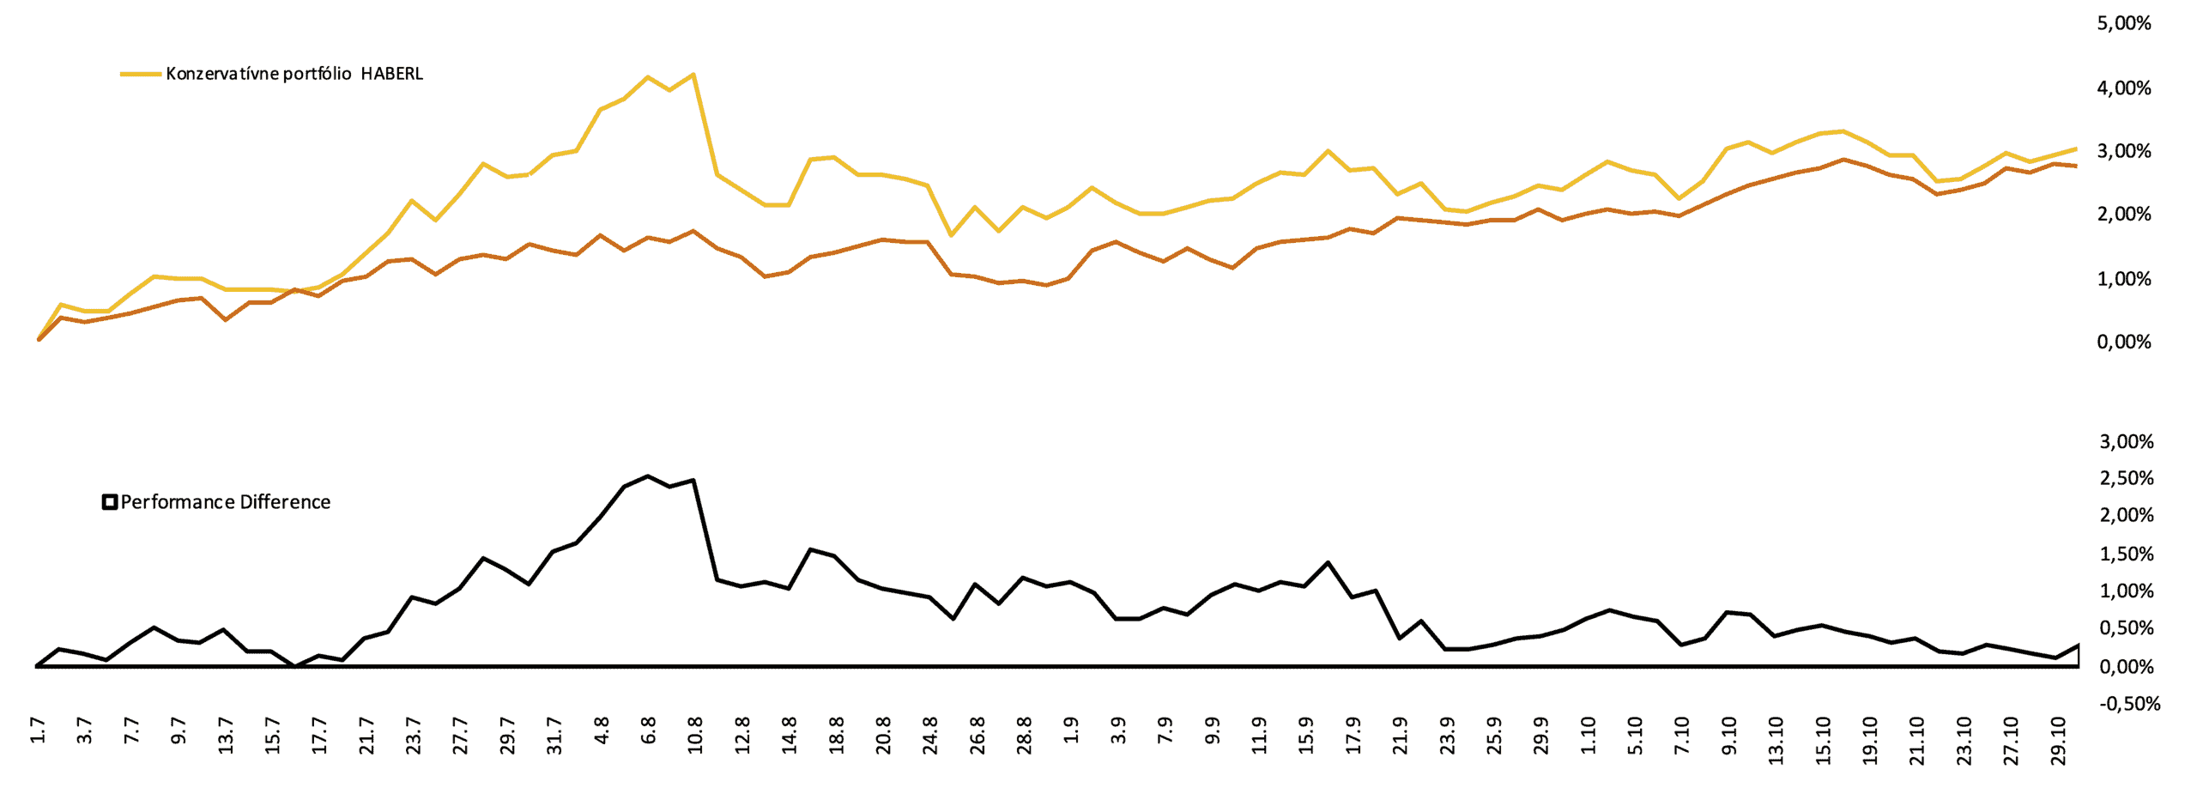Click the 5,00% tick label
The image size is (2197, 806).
[x=2124, y=24]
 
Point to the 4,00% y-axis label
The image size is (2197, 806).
[x=2124, y=88]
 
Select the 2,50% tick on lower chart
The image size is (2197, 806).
[x=2127, y=478]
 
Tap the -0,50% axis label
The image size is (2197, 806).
[x=2129, y=704]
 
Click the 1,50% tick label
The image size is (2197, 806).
[x=2127, y=554]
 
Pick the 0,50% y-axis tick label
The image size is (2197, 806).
[x=2127, y=628]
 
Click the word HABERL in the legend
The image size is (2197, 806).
[x=391, y=74]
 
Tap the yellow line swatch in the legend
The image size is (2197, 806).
[x=141, y=74]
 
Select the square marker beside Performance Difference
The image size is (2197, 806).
[x=110, y=502]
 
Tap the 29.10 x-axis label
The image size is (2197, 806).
[x=2056, y=741]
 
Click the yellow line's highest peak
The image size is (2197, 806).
[x=693, y=74]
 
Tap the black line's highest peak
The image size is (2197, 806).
[x=647, y=476]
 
